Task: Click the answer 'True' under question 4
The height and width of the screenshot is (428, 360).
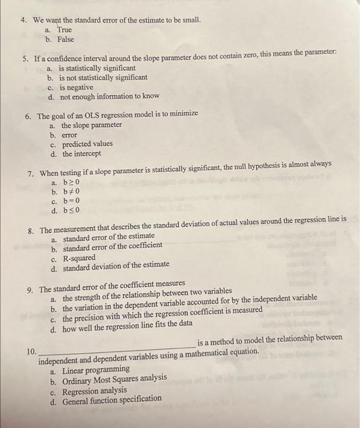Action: [64, 29]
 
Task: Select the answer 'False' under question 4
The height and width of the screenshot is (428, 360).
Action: [65, 39]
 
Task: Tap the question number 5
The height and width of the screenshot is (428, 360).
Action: [26, 59]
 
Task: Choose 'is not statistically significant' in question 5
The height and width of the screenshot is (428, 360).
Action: [103, 78]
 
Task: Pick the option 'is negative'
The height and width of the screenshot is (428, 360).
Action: [76, 87]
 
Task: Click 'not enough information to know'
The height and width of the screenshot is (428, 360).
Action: [109, 96]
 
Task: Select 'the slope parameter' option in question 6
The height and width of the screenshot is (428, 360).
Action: [92, 125]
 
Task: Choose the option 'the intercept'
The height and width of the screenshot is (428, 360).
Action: [82, 153]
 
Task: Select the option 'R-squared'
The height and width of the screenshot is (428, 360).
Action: [79, 257]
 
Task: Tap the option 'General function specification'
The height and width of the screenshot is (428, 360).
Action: [112, 399]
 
